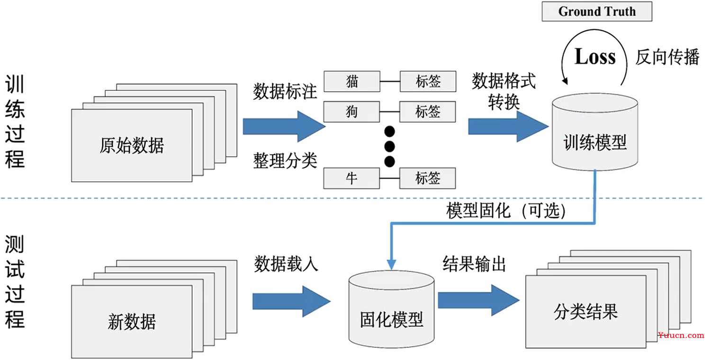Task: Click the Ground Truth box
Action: point(597,12)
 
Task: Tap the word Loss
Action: point(595,57)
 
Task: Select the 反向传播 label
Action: point(667,57)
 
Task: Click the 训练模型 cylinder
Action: point(595,137)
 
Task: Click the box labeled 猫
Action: point(351,81)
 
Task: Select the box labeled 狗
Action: point(351,112)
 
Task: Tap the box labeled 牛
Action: point(351,178)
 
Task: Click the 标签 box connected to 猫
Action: point(428,81)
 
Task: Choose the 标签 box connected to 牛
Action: point(428,178)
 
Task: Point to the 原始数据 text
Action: point(132,145)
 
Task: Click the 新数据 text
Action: point(132,322)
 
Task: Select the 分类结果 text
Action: point(585,312)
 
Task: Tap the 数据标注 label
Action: point(285,91)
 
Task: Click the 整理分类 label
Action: point(285,161)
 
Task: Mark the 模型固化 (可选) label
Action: point(506,211)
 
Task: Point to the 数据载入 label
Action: point(286,264)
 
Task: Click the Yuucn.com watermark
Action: point(681,335)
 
